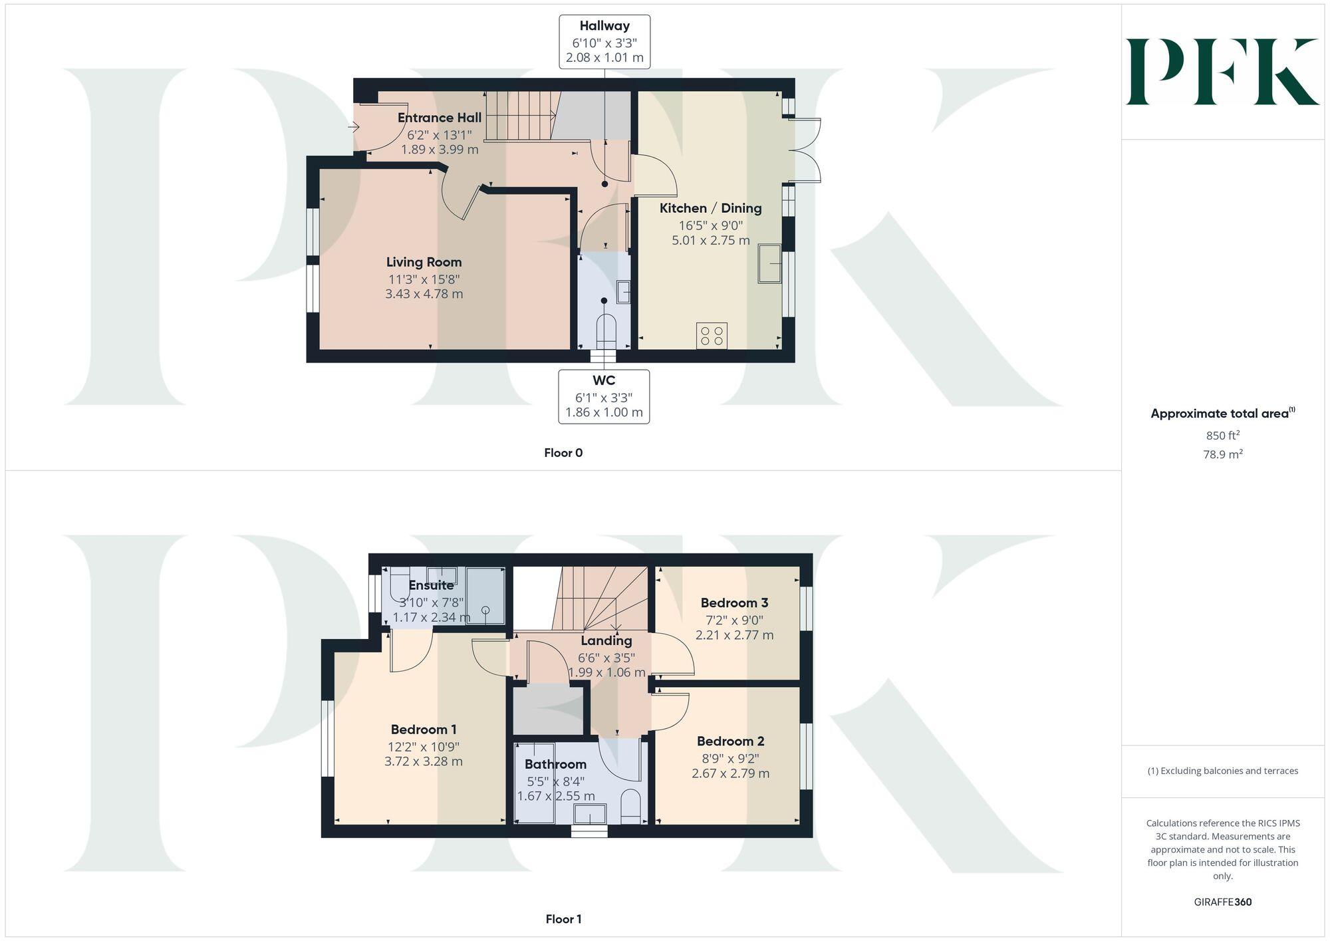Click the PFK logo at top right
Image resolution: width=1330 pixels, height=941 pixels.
[1222, 72]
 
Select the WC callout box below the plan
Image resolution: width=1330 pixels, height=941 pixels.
[604, 396]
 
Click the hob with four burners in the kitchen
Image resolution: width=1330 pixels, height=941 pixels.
[712, 335]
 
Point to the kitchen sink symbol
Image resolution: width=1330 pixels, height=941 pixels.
[769, 263]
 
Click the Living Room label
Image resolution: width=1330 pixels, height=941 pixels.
[424, 262]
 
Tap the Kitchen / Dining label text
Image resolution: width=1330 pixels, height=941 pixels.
[710, 208]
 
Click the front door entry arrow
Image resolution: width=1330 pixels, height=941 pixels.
[353, 126]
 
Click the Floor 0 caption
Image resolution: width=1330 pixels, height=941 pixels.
[563, 453]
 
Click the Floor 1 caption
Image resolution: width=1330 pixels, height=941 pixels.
[563, 919]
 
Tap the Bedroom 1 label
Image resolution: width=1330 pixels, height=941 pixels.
[424, 730]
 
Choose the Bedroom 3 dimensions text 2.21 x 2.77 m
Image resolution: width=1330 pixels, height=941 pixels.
[734, 635]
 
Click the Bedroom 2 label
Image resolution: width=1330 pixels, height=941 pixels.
[730, 741]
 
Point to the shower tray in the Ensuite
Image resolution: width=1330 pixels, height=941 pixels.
[485, 595]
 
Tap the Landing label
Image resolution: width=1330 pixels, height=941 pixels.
[606, 640]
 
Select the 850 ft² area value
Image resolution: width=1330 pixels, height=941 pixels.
[1222, 436]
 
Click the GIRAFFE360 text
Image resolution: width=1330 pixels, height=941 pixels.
[1222, 902]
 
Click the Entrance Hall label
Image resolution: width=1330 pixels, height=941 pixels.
[439, 118]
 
